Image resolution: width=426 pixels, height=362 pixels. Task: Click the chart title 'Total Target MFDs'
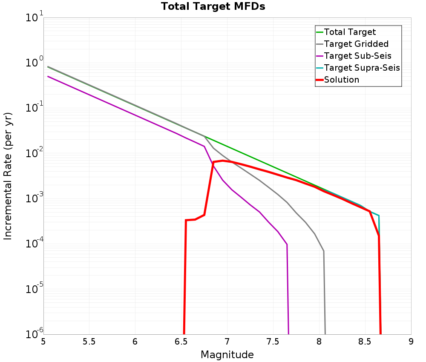pyautogui.click(x=213, y=7)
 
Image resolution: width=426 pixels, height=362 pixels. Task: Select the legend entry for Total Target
pyautogui.click(x=350, y=32)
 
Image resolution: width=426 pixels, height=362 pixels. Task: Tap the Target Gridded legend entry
pyautogui.click(x=356, y=44)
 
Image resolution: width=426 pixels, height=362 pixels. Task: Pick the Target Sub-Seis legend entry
pyautogui.click(x=357, y=56)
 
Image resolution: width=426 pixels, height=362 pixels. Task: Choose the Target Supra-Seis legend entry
pyautogui.click(x=362, y=68)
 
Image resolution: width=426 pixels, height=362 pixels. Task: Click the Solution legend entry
pyautogui.click(x=341, y=80)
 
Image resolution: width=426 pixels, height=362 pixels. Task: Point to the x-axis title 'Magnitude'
pyautogui.click(x=227, y=355)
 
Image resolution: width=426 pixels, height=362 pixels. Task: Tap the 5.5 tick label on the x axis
pyautogui.click(x=89, y=342)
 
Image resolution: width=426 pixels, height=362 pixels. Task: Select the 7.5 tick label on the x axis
pyautogui.click(x=273, y=342)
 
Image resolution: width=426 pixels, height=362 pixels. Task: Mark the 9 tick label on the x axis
pyautogui.click(x=411, y=342)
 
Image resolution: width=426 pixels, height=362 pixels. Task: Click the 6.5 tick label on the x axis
pyautogui.click(x=181, y=342)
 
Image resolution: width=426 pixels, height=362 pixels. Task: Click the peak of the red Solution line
pyautogui.click(x=222, y=161)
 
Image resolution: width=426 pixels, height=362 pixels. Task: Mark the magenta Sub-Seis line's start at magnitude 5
pyautogui.click(x=48, y=77)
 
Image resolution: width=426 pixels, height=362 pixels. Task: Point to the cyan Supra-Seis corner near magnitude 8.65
pyautogui.click(x=379, y=215)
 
